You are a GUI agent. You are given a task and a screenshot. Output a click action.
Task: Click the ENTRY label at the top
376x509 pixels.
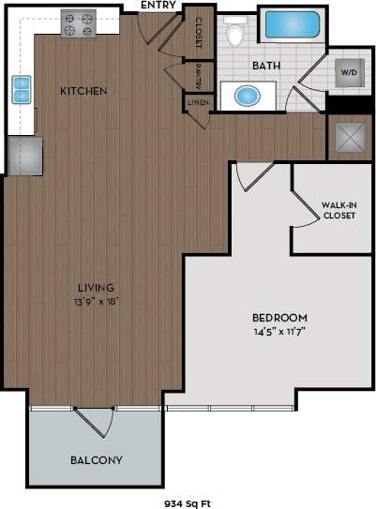158,6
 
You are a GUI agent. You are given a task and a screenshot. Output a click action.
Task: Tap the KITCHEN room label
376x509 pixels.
83,91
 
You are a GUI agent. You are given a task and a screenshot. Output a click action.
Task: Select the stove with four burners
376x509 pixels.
79,23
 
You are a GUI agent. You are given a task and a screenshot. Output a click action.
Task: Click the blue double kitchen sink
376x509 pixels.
22,90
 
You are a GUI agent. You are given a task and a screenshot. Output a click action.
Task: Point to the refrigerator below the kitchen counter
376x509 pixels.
24,155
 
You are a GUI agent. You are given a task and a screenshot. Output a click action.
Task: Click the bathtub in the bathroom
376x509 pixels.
292,24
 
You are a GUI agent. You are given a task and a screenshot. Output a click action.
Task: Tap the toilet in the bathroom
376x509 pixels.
237,34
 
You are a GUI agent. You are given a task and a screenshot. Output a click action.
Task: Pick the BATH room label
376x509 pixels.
266,66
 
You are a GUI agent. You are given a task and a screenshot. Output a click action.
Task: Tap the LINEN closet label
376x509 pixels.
197,101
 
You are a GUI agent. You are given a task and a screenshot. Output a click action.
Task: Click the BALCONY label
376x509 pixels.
97,460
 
